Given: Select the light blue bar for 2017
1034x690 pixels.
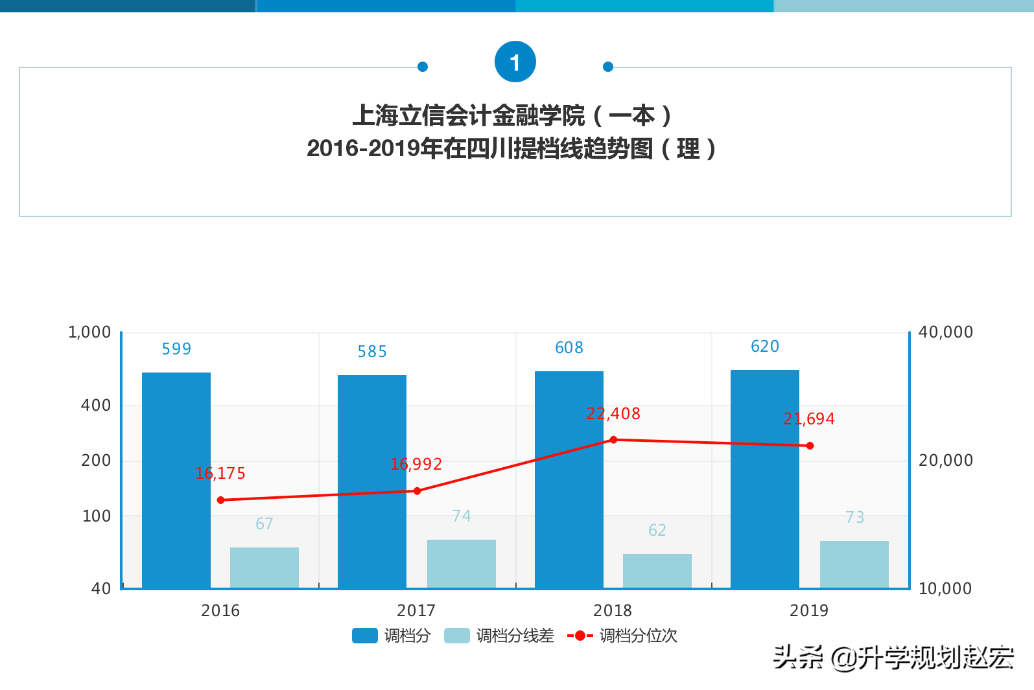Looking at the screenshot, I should pos(461,563).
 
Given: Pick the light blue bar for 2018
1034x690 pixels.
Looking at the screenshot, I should pos(657,570).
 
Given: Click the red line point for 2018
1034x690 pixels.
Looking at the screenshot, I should pos(613,440).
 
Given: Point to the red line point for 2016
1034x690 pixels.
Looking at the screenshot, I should pos(221,500).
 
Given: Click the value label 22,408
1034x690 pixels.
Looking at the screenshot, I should pos(613,414).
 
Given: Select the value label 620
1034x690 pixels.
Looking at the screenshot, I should pos(764,347).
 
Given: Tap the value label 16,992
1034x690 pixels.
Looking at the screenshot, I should pos(416,465).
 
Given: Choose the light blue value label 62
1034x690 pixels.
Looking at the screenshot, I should pos(657,531).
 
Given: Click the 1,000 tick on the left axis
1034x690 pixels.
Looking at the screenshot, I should pos(89,332).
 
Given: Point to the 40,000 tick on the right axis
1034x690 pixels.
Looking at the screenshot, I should pos(945,332).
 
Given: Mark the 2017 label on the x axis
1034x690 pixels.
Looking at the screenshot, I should pos(416,610).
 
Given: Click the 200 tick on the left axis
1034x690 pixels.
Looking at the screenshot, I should pos(96,461).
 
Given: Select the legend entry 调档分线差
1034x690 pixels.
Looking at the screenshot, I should pos(499,636).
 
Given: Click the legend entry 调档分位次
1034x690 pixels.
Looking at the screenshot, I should pos(622,636).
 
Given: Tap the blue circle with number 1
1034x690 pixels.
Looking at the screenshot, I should pos(515,62).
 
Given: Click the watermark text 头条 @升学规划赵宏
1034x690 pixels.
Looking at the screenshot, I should pos(893,658).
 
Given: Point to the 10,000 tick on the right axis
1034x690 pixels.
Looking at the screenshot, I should pos(945,588).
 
